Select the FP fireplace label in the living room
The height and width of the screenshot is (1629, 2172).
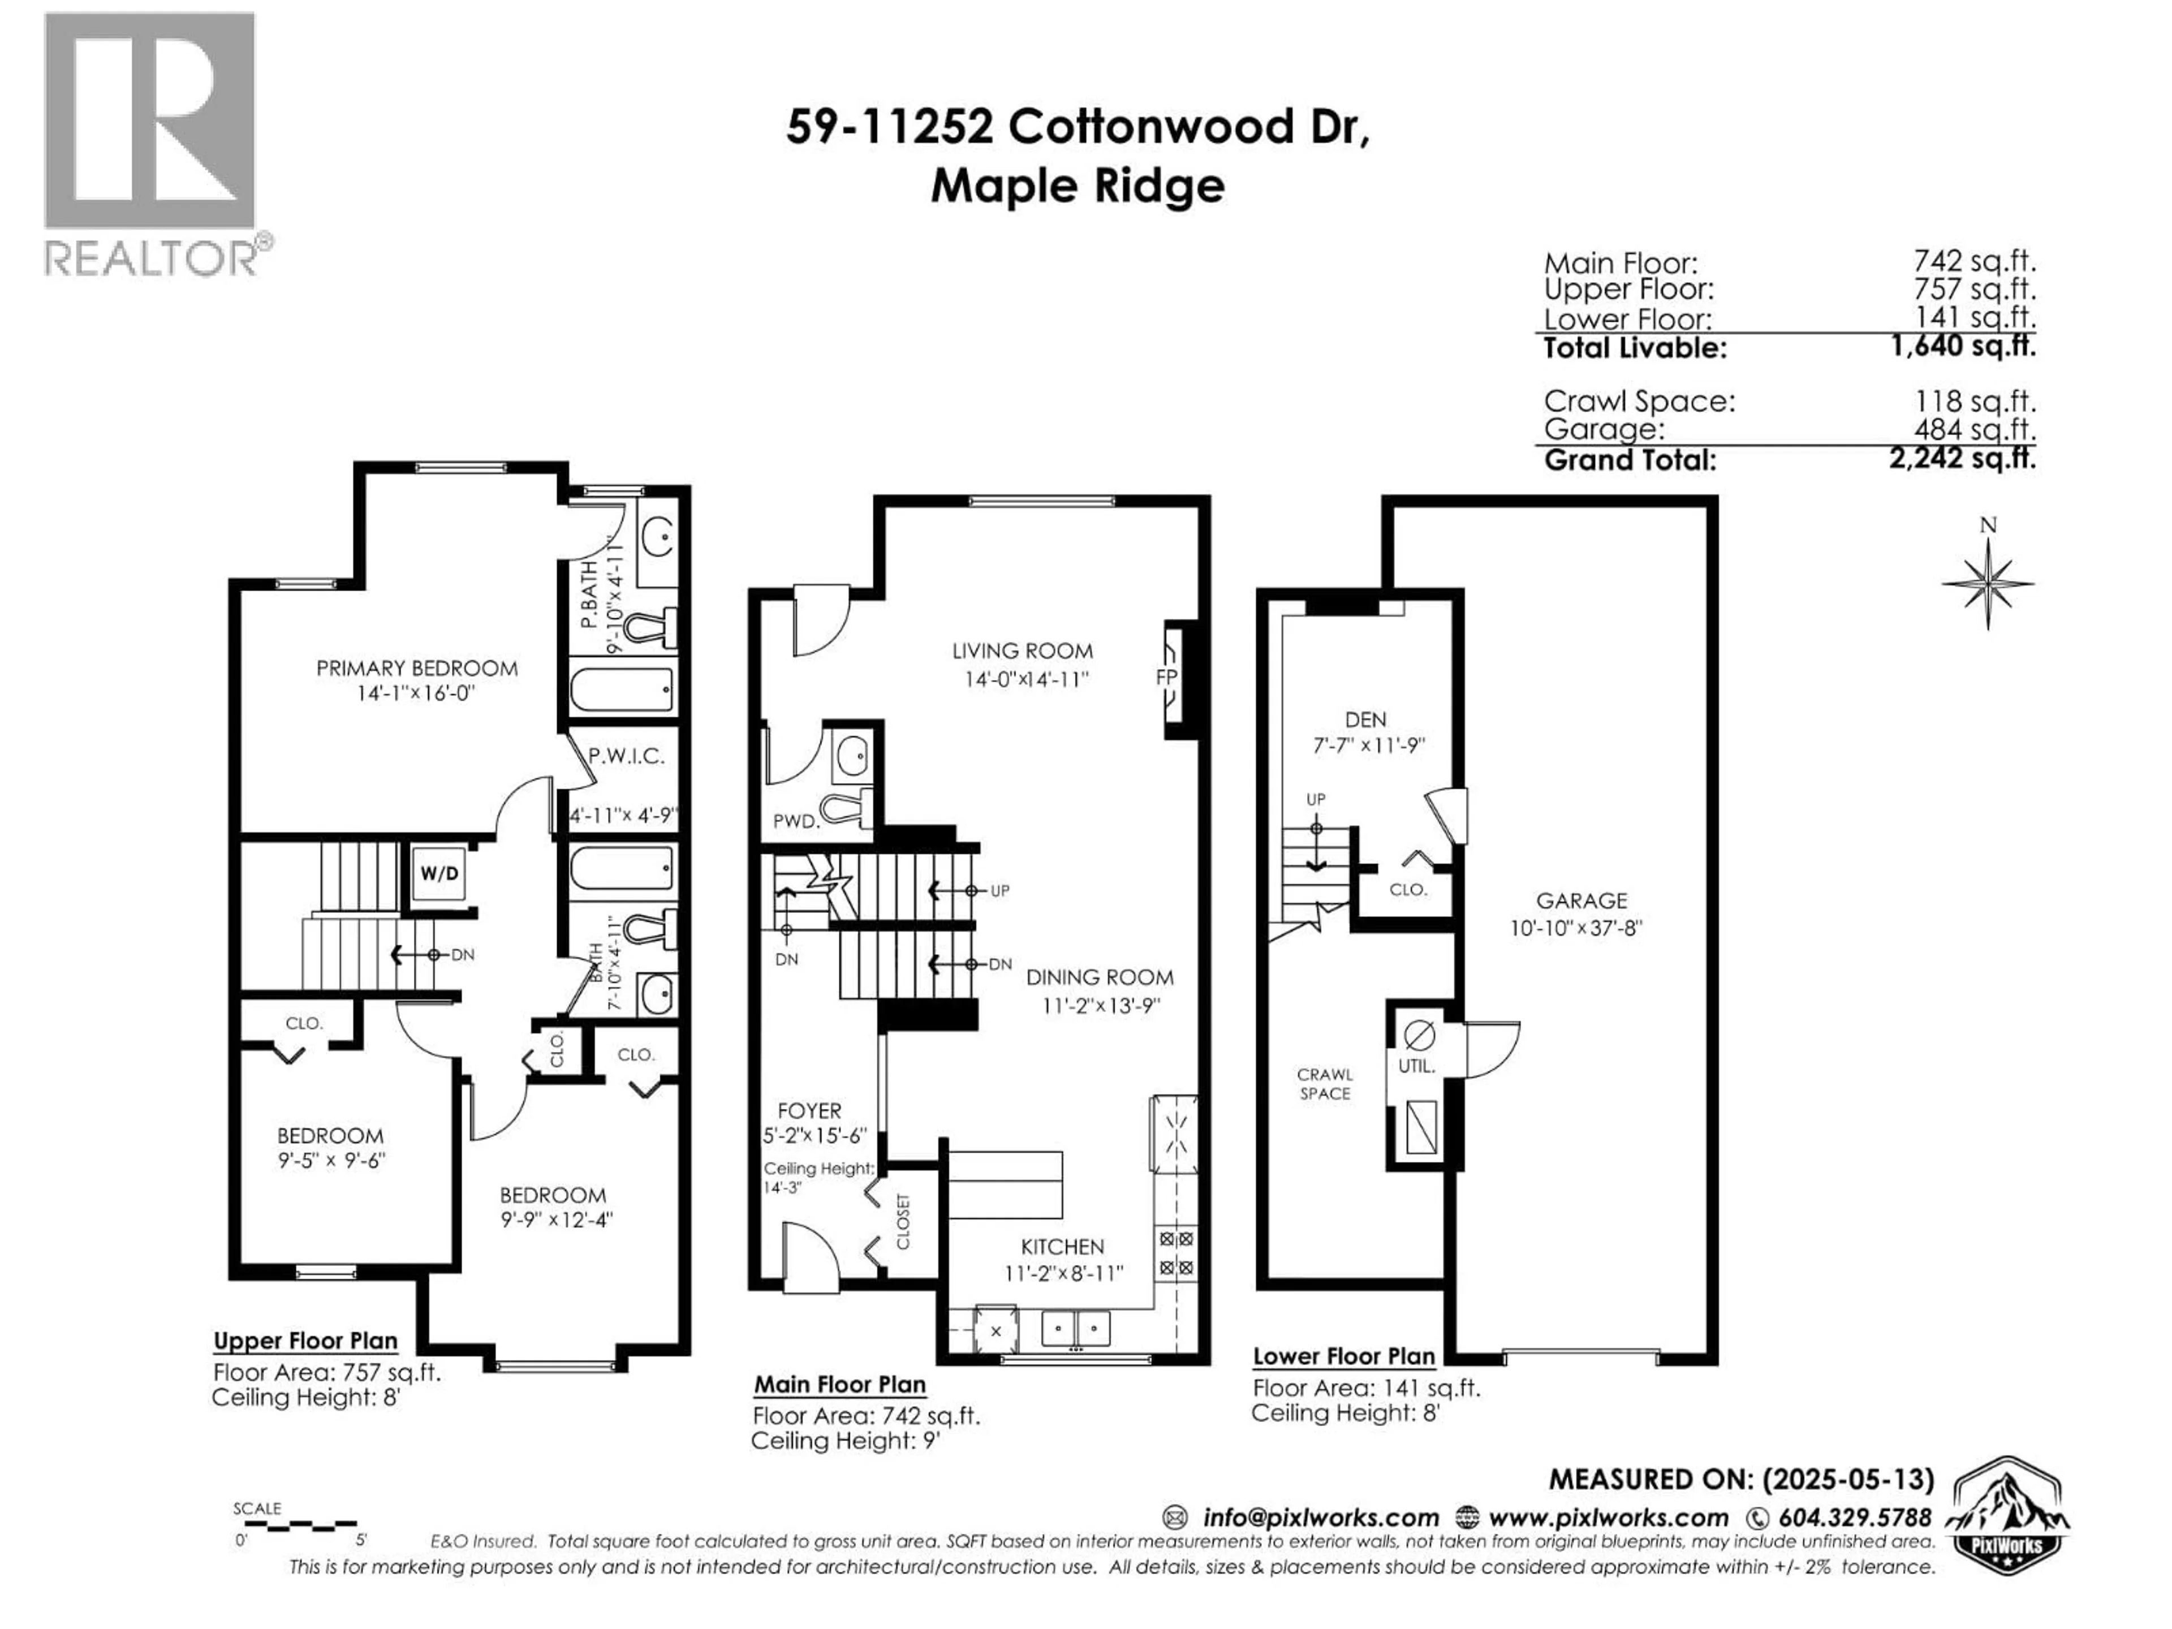click(x=1166, y=678)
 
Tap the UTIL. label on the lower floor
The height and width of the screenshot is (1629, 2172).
click(x=1416, y=1066)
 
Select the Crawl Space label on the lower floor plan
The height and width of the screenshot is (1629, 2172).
click(x=1325, y=1084)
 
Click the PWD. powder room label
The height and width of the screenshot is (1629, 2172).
click(x=795, y=821)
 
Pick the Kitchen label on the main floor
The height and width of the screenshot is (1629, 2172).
click(x=1062, y=1247)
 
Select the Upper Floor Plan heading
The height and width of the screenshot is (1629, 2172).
click(x=305, y=1341)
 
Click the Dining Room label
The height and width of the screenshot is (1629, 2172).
click(x=1099, y=977)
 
